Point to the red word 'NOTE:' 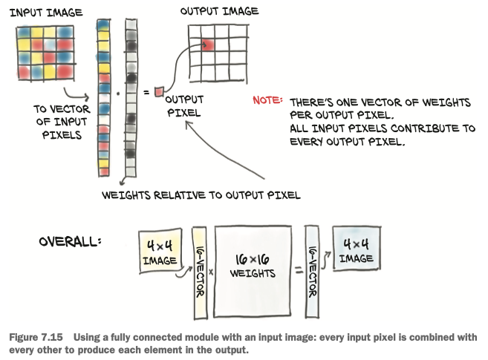tap(268, 99)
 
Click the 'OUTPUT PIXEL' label tap(183, 106)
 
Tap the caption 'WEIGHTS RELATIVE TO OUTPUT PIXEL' tap(201, 195)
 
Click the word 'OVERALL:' tap(71, 243)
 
